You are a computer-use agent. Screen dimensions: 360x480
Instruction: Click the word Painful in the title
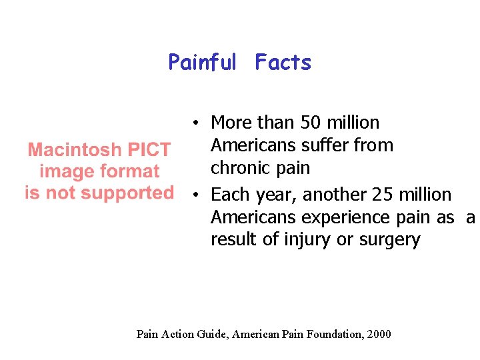click(202, 63)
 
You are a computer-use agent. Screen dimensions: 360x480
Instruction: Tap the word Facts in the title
click(283, 63)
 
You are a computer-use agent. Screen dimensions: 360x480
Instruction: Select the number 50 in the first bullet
click(311, 123)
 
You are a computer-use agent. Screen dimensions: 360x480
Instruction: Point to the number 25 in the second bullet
click(383, 195)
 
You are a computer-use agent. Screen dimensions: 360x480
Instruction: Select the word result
click(233, 240)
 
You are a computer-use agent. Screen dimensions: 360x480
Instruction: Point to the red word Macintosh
click(73, 150)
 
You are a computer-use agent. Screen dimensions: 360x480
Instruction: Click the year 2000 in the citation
click(379, 334)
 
